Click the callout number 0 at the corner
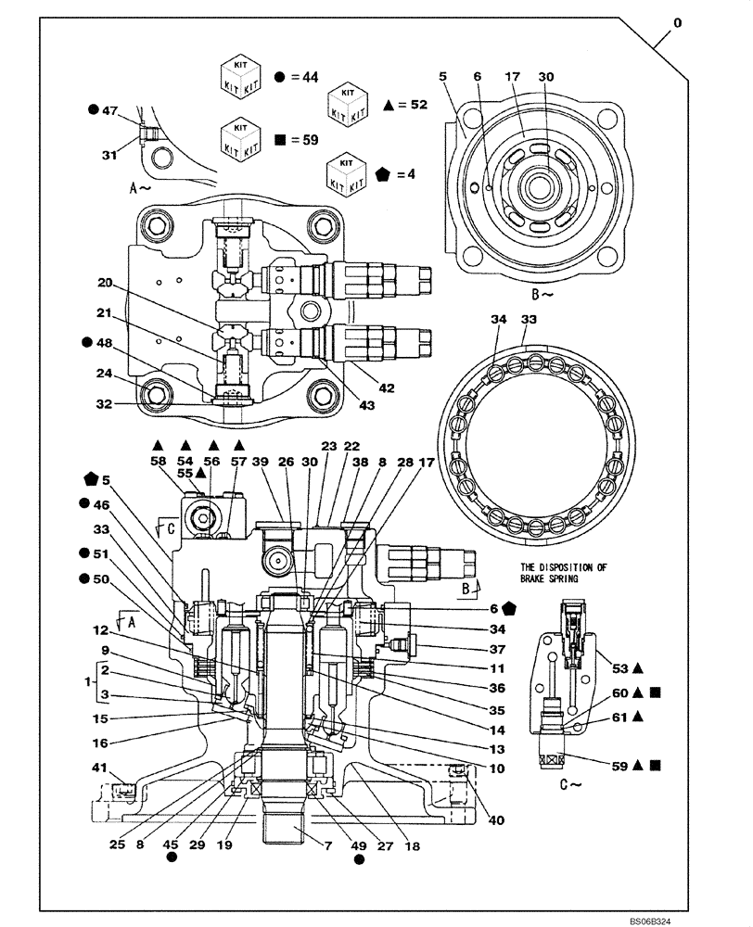click(x=677, y=23)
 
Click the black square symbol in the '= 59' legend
click(x=280, y=141)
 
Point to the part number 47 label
click(x=108, y=110)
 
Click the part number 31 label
click(x=109, y=155)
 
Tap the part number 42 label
click(x=386, y=388)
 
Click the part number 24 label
click(x=104, y=375)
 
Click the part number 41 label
click(x=98, y=767)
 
